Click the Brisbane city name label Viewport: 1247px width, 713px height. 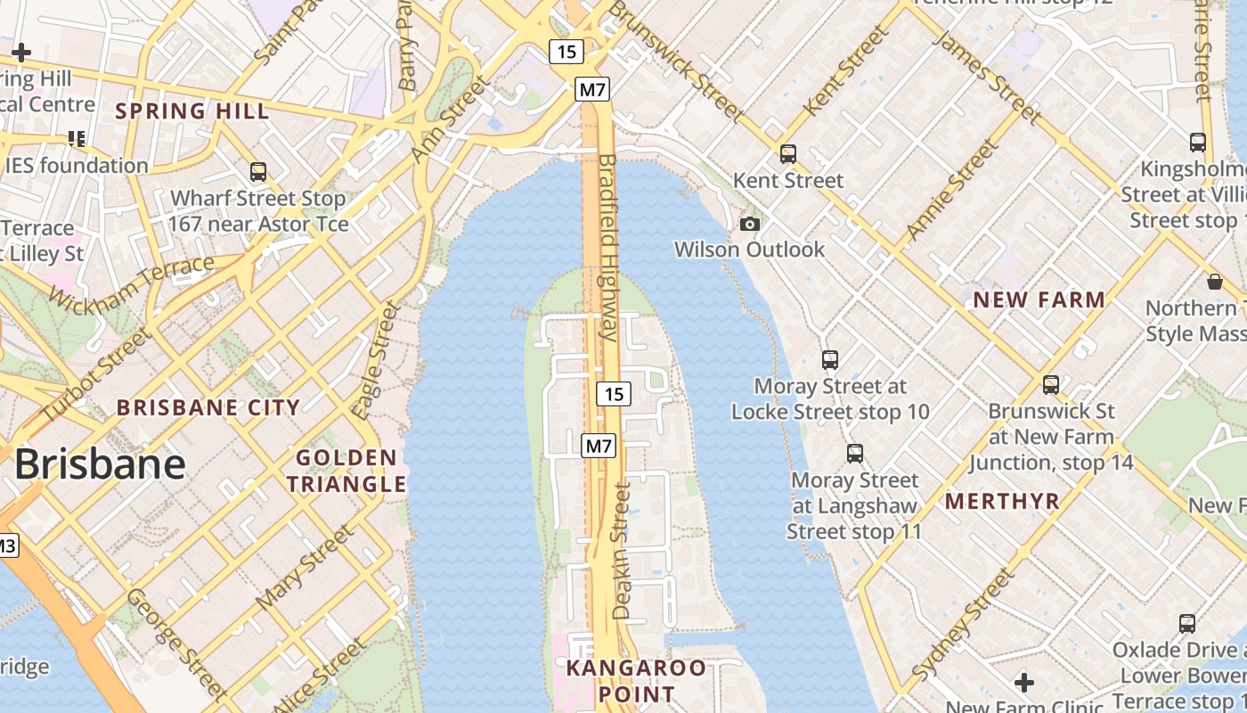(100, 464)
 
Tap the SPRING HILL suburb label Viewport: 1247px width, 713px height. (192, 111)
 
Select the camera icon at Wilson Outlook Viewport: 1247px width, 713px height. (750, 224)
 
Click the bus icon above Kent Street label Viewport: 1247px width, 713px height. (787, 153)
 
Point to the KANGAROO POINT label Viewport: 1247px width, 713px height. (636, 680)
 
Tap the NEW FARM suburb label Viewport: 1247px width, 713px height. (1039, 299)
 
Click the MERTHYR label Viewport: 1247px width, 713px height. (1003, 501)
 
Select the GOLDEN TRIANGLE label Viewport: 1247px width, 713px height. (346, 471)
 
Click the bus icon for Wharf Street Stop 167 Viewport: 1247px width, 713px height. (258, 171)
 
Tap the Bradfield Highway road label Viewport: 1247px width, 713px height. (608, 248)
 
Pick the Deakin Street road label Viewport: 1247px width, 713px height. (623, 551)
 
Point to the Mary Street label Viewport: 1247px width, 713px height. (305, 567)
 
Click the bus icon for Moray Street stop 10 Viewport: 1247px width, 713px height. (830, 359)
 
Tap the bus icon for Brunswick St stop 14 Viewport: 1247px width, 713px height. (1051, 385)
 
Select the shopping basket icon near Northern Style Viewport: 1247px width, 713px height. (1214, 283)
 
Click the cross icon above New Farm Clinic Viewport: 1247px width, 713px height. (1024, 683)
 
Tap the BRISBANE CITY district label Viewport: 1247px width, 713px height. (208, 407)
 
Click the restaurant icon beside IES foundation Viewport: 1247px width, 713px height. (77, 138)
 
